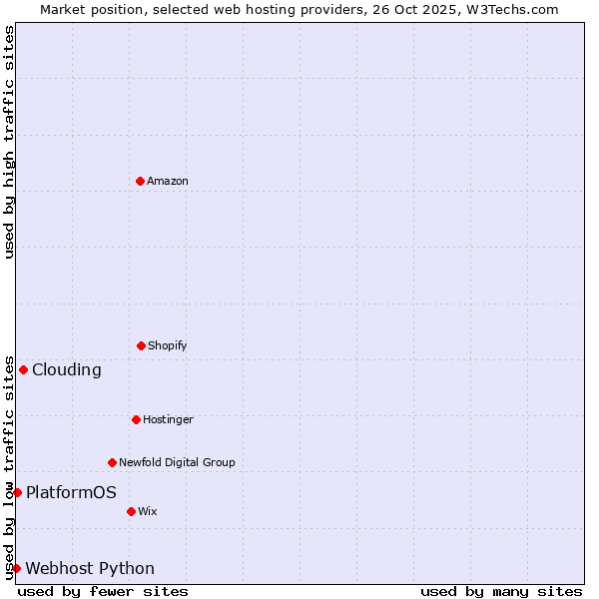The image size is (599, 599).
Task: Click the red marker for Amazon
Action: click(x=141, y=181)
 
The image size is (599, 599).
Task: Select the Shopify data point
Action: click(x=141, y=345)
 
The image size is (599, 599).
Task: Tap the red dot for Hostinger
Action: click(x=136, y=419)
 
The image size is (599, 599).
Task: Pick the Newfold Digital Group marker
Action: click(x=112, y=462)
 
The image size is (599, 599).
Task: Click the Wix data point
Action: click(x=131, y=511)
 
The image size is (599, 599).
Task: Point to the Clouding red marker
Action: click(x=23, y=369)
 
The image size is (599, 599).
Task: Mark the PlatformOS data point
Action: click(x=17, y=492)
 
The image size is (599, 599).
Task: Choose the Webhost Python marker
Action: click(x=16, y=568)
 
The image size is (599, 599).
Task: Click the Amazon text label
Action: click(x=168, y=181)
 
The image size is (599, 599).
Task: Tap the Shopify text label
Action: click(x=168, y=345)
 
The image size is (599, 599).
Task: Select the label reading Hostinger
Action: click(x=168, y=419)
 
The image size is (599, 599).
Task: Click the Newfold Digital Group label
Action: click(x=177, y=462)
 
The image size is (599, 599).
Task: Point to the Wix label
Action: click(x=148, y=511)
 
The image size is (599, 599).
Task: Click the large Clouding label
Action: click(x=67, y=369)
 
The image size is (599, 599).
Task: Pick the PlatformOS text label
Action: click(x=71, y=492)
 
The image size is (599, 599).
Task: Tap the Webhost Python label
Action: click(x=90, y=568)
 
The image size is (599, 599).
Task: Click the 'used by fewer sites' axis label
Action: click(x=103, y=591)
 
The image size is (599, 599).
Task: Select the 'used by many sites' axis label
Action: click(x=501, y=591)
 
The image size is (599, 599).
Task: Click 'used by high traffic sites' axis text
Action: click(x=9, y=142)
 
